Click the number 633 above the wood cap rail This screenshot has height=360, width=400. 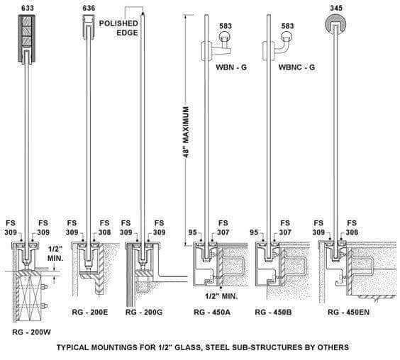click(28, 8)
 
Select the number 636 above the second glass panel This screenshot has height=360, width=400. click(89, 8)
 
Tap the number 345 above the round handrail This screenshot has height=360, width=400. click(336, 8)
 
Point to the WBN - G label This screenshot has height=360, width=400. click(231, 67)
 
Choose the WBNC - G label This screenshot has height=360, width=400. click(296, 67)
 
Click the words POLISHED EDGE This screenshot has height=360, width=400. click(118, 28)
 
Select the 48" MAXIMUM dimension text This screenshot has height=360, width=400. click(187, 132)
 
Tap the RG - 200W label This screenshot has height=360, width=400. click(32, 332)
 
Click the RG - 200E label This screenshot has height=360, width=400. click(90, 312)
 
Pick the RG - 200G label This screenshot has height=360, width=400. click(144, 312)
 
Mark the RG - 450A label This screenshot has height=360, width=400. click(212, 312)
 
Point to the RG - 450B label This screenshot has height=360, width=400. click(273, 312)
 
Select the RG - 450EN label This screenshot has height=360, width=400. click(348, 312)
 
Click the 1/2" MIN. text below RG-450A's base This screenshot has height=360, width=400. click(221, 296)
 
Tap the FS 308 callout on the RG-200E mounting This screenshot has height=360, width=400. click(104, 227)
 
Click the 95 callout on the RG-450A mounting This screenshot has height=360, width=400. click(193, 232)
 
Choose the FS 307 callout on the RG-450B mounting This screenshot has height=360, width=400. click(285, 227)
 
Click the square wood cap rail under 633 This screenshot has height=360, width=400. click(26, 38)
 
